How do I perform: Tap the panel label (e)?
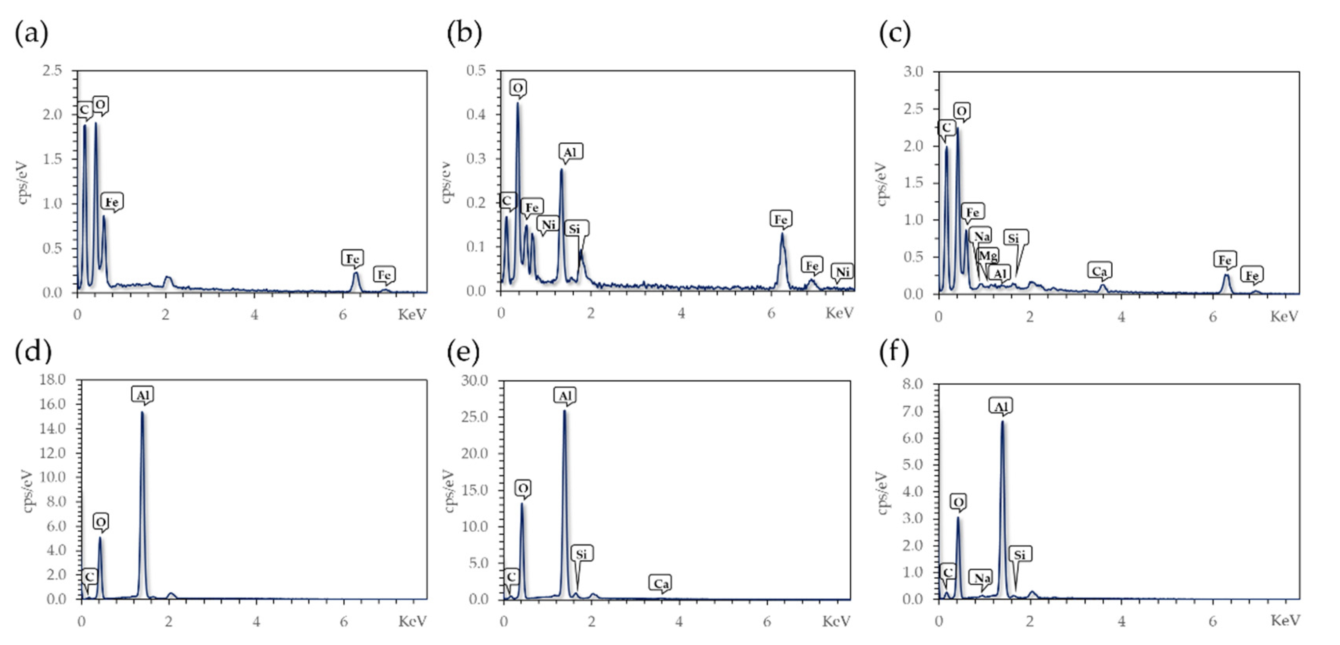463,352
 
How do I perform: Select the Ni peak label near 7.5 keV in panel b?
842,271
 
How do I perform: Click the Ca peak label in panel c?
1099,271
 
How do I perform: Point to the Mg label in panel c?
988,255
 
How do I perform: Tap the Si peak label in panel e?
581,554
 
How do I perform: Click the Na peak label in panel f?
982,577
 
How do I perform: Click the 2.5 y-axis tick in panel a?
52,70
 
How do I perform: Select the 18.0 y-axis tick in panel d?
53,380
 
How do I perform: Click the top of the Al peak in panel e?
564,411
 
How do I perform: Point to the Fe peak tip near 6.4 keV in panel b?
782,233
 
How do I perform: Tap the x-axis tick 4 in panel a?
254,314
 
